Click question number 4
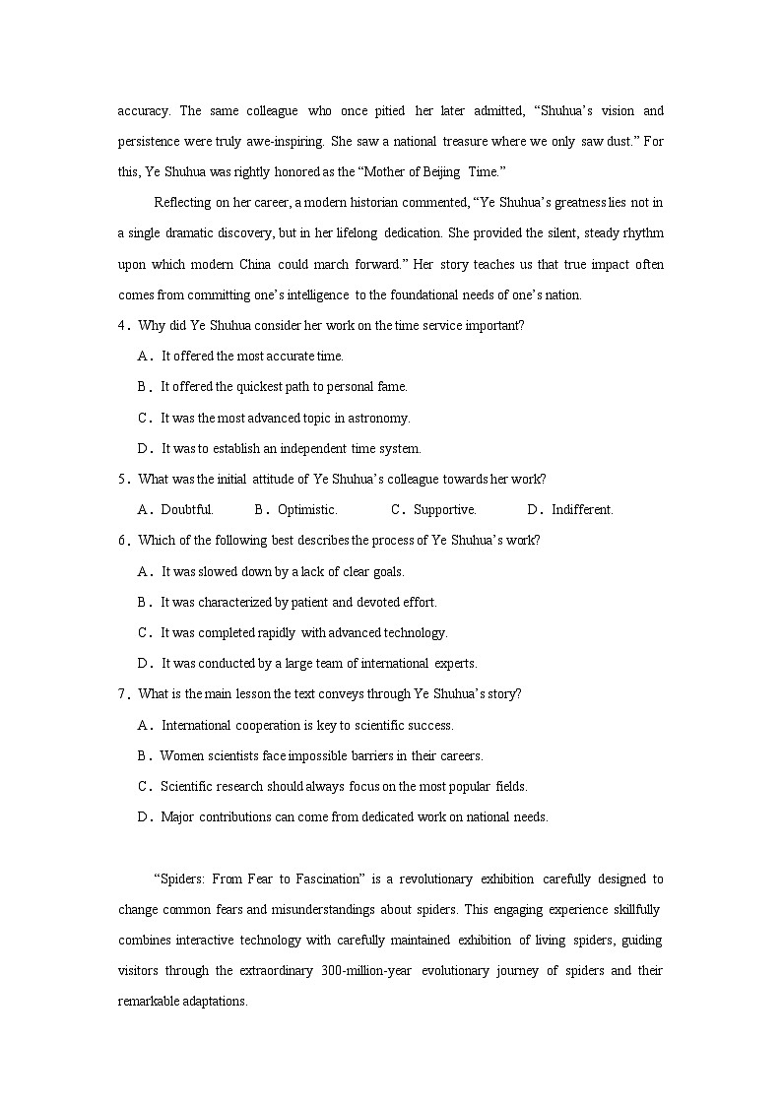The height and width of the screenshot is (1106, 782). pyautogui.click(x=123, y=326)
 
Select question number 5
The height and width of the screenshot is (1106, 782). pyautogui.click(x=123, y=480)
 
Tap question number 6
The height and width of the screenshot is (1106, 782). pyautogui.click(x=123, y=541)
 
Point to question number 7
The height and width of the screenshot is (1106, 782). pyautogui.click(x=123, y=694)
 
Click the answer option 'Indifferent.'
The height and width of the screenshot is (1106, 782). pyautogui.click(x=582, y=510)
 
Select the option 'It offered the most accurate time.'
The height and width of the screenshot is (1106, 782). pyautogui.click(x=252, y=357)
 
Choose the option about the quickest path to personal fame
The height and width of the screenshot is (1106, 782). pyautogui.click(x=284, y=387)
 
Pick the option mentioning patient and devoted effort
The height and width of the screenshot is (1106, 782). pyautogui.click(x=298, y=603)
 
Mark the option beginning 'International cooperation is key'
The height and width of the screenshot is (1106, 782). pyautogui.click(x=307, y=726)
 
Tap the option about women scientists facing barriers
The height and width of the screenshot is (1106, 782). pyautogui.click(x=321, y=756)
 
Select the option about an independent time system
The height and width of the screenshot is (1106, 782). pyautogui.click(x=291, y=449)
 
